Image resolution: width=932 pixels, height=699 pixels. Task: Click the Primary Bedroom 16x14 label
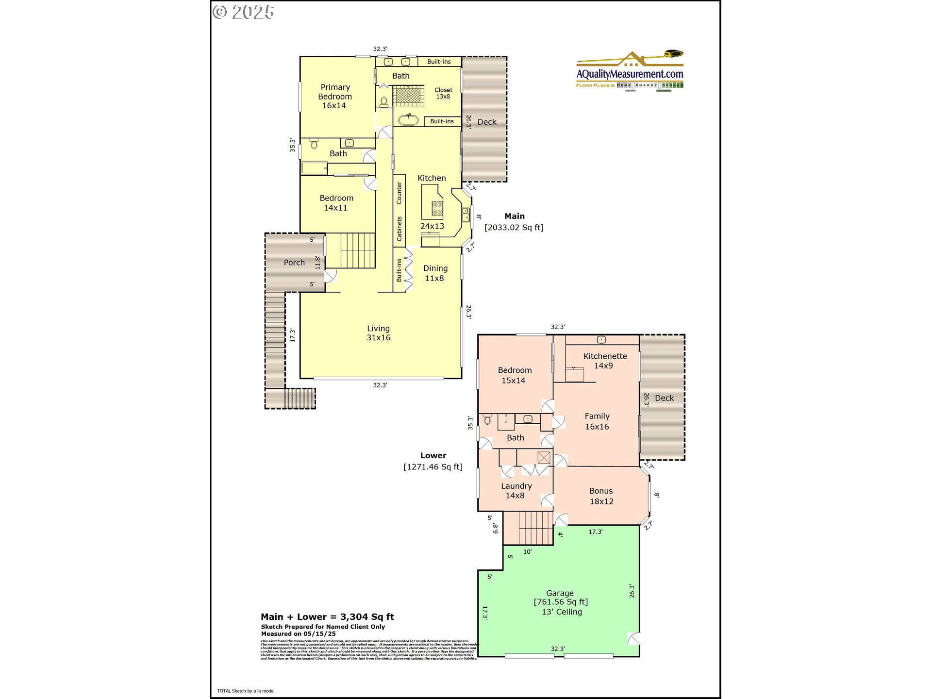pos(334,96)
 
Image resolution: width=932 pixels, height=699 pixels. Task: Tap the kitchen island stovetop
pos(437,209)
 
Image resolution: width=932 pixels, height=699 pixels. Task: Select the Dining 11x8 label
pos(435,273)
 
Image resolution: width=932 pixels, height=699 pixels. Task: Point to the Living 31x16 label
pos(378,333)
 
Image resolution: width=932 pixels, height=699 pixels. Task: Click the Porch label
pos(294,263)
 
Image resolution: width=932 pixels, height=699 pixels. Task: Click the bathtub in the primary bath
pos(408,119)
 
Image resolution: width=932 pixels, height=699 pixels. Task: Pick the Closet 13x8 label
pos(443,93)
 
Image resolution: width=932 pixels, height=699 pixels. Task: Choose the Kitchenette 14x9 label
pos(604,361)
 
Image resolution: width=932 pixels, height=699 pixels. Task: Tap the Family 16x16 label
pos(597,421)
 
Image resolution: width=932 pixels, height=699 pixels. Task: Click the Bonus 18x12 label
pos(601,496)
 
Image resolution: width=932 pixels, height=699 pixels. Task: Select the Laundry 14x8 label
pos(516,490)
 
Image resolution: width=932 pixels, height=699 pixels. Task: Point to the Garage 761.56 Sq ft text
pos(560,602)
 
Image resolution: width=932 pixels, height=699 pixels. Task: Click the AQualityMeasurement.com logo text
pos(630,74)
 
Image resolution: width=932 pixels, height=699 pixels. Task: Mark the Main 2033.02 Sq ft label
pos(514,222)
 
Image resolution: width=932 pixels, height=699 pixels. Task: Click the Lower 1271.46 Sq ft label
pos(433,461)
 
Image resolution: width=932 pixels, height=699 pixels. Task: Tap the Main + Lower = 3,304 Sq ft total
pos(327,617)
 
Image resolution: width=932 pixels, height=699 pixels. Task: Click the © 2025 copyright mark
pos(244,12)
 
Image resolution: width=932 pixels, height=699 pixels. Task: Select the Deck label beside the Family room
pos(664,398)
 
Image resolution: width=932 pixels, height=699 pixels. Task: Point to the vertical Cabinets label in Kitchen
pos(399,229)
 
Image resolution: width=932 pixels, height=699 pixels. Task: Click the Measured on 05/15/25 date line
pos(298,633)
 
